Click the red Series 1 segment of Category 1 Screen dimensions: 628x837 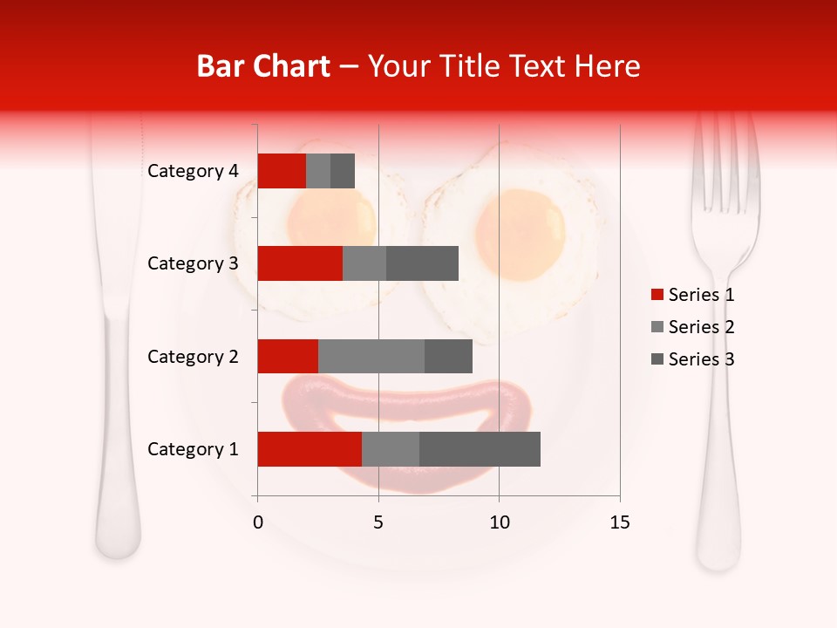click(x=310, y=449)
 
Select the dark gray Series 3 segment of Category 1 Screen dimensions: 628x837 click(x=480, y=449)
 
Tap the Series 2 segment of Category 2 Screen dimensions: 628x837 click(x=371, y=356)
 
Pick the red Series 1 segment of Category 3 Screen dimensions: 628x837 click(x=300, y=263)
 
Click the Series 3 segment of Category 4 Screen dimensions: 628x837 click(x=343, y=171)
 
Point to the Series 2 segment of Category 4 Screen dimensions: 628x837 click(x=318, y=171)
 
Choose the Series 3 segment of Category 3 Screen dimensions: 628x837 click(x=422, y=263)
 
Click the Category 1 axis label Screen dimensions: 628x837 click(x=193, y=449)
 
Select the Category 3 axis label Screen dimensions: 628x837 click(x=193, y=263)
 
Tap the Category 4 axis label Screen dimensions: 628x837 click(x=193, y=171)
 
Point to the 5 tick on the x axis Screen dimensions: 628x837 click(x=378, y=522)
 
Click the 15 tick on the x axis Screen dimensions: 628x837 click(x=619, y=522)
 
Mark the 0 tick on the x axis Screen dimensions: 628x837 click(x=258, y=522)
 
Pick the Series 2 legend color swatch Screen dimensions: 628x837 click(x=657, y=327)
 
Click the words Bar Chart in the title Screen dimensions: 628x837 click(x=263, y=66)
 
